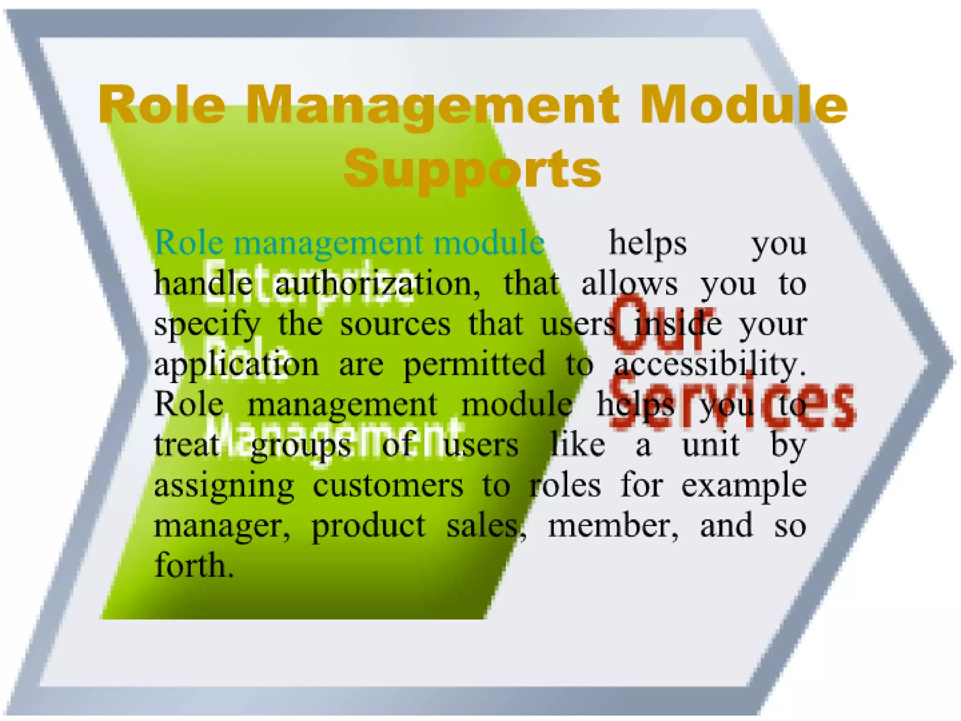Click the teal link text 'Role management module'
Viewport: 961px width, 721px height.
tap(349, 243)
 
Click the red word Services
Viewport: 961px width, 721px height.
tap(732, 404)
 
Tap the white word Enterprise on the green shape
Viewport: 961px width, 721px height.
tap(307, 282)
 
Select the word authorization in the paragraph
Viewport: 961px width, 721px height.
tap(377, 284)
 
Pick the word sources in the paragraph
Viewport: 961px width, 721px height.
tap(395, 324)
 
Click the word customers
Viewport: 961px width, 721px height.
tap(388, 485)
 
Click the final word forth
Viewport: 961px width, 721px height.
tap(194, 565)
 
